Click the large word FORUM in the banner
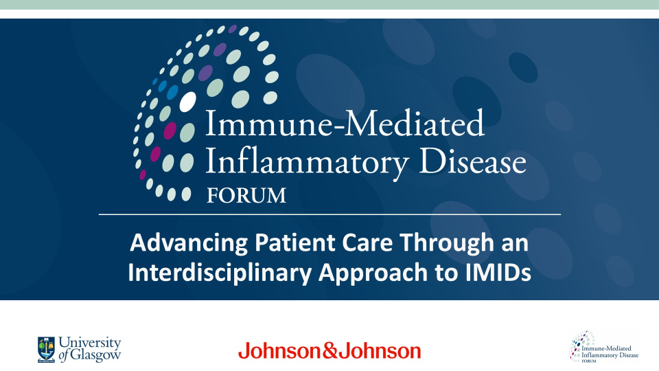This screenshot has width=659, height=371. [x=246, y=195]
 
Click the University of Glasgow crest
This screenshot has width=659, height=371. [x=47, y=349]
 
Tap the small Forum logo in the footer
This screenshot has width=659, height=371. [x=603, y=347]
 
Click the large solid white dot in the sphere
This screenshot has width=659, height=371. [x=187, y=102]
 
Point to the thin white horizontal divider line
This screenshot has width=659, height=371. [x=329, y=215]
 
